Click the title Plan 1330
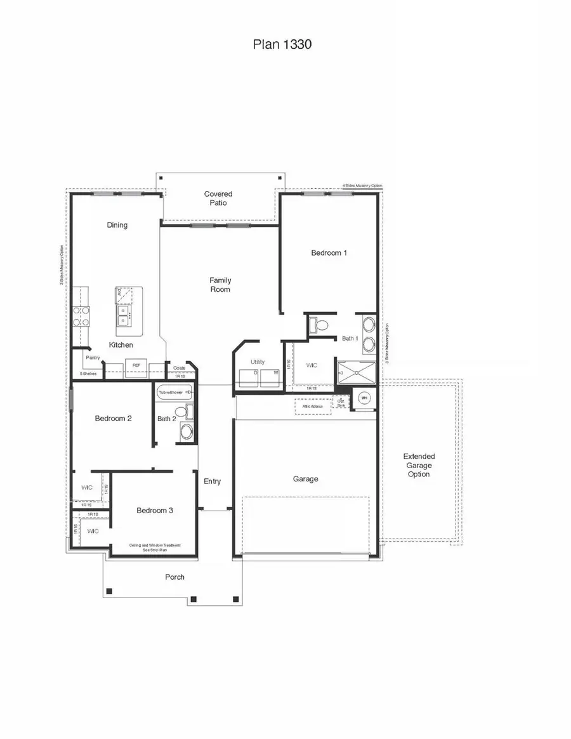pos(282,44)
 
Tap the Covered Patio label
pos(218,199)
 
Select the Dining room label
pos(117,225)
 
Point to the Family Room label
pos(220,285)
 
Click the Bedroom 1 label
pos(329,252)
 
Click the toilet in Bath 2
pos(181,412)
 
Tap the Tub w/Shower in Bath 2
pos(171,393)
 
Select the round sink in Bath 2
pos(187,433)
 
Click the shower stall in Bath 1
pos(356,372)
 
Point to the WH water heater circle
pos(364,398)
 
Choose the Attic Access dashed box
pos(313,406)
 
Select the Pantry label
pos(93,358)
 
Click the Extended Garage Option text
pos(419,465)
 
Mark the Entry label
pos(212,481)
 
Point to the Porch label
pos(174,577)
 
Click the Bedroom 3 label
pos(155,510)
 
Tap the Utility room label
pos(258,362)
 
